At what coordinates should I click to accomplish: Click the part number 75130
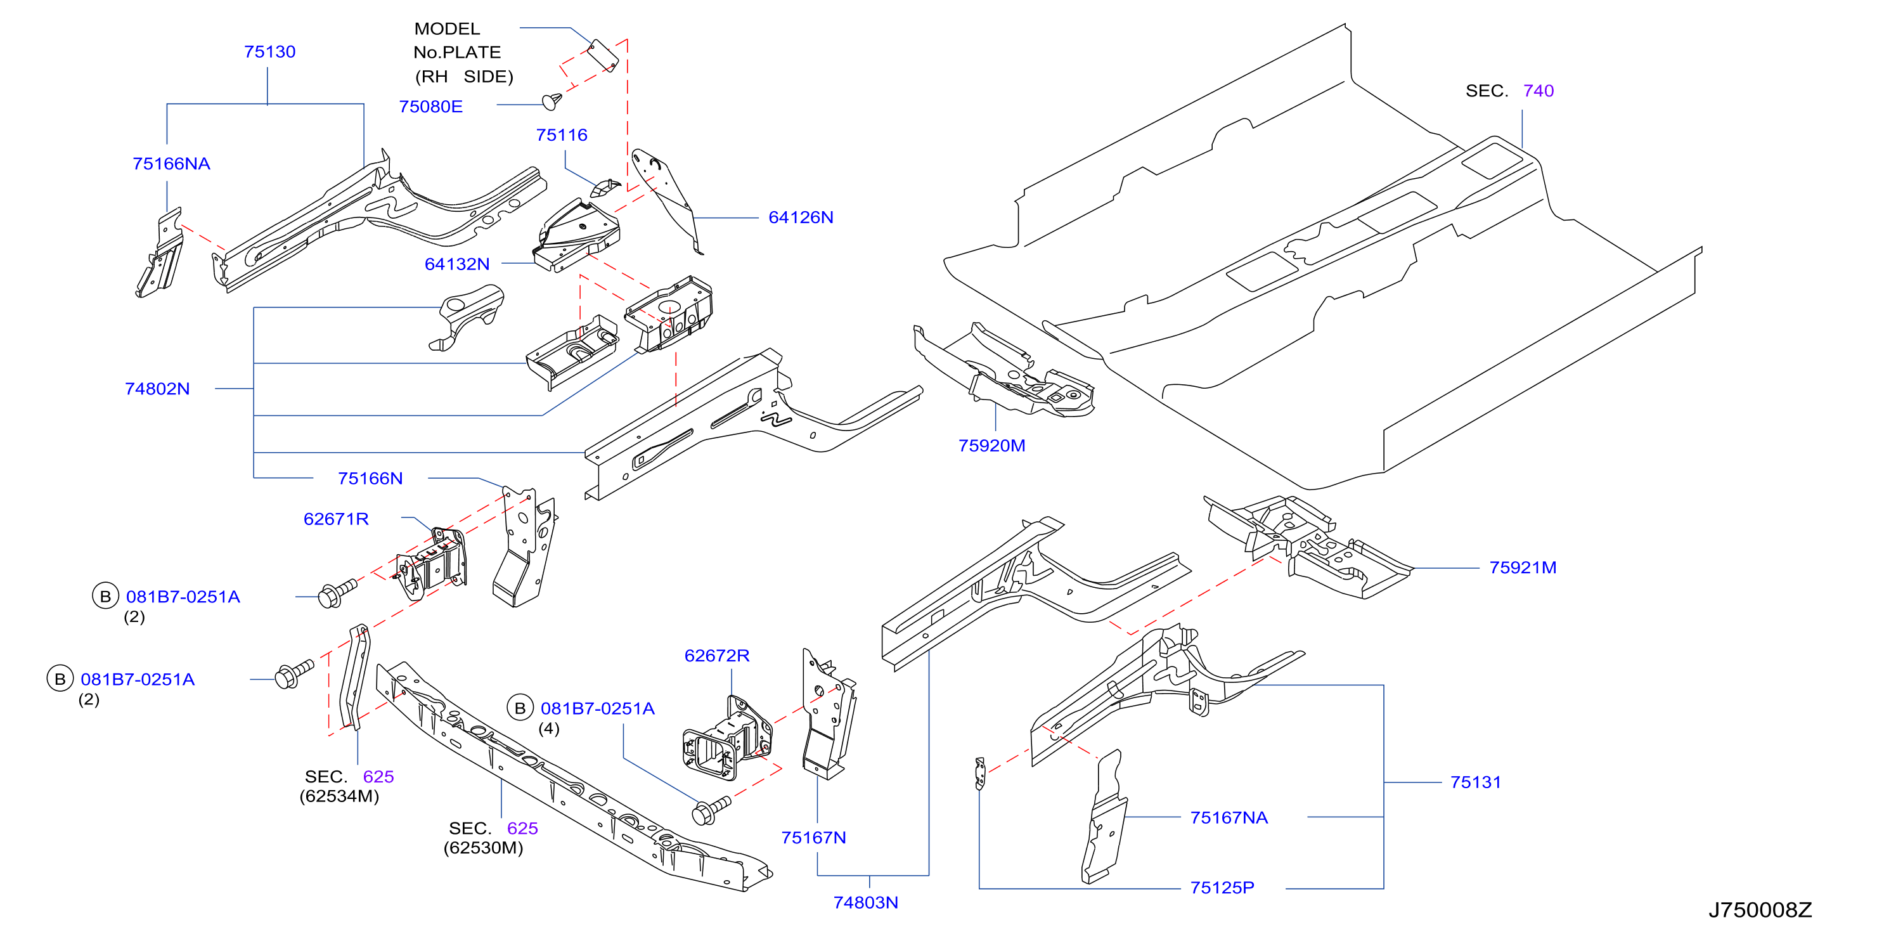tap(270, 52)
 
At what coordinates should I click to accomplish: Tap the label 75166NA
tap(171, 164)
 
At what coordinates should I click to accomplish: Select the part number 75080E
tap(431, 107)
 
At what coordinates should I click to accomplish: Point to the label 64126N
tap(801, 217)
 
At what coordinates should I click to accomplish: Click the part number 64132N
tap(457, 264)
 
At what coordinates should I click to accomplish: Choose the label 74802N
tap(157, 389)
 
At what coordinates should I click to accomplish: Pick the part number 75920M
tap(991, 446)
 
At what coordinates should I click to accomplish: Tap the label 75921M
tap(1523, 568)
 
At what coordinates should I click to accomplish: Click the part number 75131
tap(1476, 782)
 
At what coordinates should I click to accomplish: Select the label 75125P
tap(1222, 888)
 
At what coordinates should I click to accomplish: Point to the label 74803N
tap(866, 902)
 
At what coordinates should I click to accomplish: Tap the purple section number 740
tap(1539, 91)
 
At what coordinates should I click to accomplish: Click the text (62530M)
tap(484, 847)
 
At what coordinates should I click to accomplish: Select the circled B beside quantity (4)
tap(520, 708)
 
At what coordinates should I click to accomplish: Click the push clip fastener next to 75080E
tap(552, 101)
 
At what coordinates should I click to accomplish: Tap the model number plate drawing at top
tap(603, 56)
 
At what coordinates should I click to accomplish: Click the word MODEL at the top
tap(447, 29)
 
